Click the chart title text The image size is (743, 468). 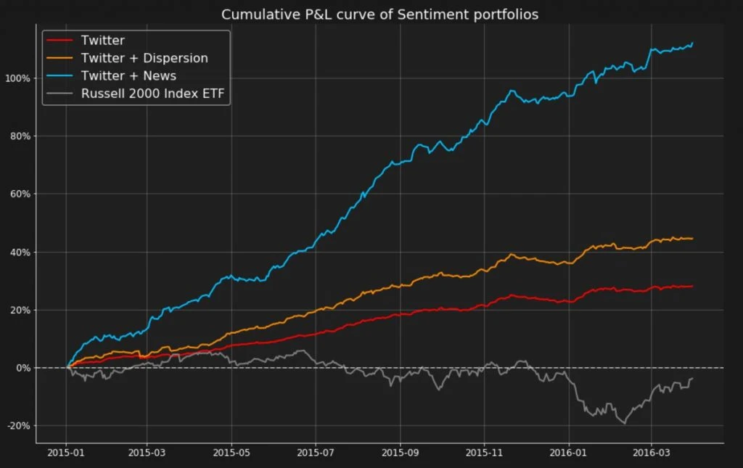(379, 15)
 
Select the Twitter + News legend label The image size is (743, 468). (128, 75)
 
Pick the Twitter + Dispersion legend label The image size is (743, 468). (144, 58)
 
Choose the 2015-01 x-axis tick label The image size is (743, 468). (66, 451)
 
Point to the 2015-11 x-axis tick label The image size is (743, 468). (484, 451)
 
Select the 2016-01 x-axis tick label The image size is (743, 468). (569, 451)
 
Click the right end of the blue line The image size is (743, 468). (693, 43)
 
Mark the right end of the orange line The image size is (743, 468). (693, 238)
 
